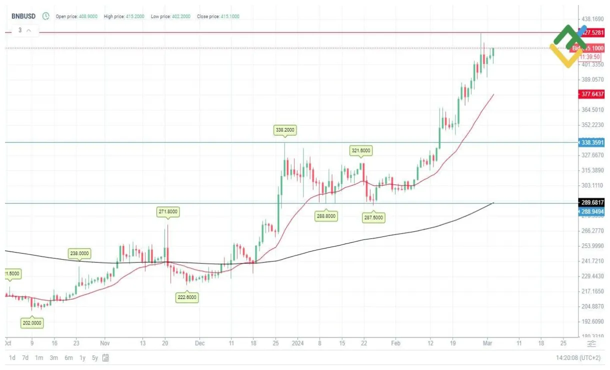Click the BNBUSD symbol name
[x=24, y=16]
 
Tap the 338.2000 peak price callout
[x=285, y=130]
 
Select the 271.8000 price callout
[x=168, y=211]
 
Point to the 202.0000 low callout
[x=32, y=323]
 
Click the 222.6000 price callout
[x=187, y=297]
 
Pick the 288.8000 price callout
[x=326, y=216]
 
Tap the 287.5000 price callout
[x=373, y=217]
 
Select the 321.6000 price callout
[x=361, y=150]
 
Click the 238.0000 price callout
[x=79, y=253]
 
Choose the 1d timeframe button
[x=12, y=358]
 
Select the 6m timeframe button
[x=68, y=358]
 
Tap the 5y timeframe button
[x=95, y=358]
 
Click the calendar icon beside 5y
[x=106, y=358]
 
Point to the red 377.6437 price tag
[x=592, y=94]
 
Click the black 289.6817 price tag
[x=592, y=202]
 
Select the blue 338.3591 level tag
[x=592, y=142]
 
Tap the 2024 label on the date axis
[x=297, y=343]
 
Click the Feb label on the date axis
[x=395, y=343]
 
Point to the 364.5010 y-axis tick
[x=592, y=109]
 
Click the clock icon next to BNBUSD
[x=46, y=16]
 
